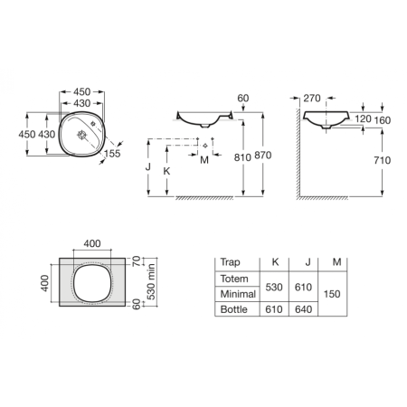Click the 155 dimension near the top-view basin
[x=113, y=154]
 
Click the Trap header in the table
[x=231, y=262]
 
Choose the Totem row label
[x=234, y=279]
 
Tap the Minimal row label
[x=237, y=294]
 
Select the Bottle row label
[x=233, y=310]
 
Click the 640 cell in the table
[x=304, y=310]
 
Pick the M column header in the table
[x=336, y=262]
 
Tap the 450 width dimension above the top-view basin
[x=80, y=92]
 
